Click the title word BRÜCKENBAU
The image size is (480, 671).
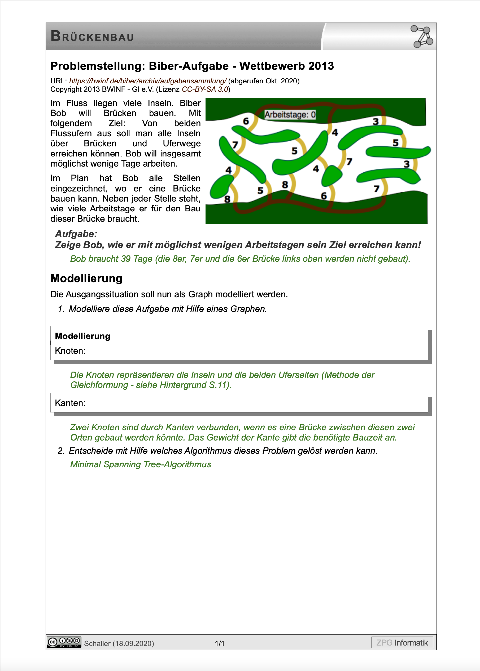[92, 36]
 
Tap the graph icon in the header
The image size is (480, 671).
[422, 36]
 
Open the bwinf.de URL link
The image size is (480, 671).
[147, 81]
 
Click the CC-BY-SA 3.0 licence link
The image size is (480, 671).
[205, 89]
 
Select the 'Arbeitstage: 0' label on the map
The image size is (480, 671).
[290, 114]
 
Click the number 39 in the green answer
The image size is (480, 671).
[126, 259]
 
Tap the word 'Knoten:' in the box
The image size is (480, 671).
[70, 351]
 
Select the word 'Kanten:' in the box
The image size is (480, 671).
[70, 403]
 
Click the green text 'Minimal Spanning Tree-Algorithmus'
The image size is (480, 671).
[140, 464]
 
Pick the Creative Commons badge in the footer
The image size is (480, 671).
[64, 642]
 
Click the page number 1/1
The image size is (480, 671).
[220, 643]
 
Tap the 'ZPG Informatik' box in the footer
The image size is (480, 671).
[402, 643]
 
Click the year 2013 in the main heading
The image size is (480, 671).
[321, 66]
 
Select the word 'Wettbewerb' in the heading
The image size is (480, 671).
[272, 66]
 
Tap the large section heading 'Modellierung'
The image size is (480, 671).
[86, 278]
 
